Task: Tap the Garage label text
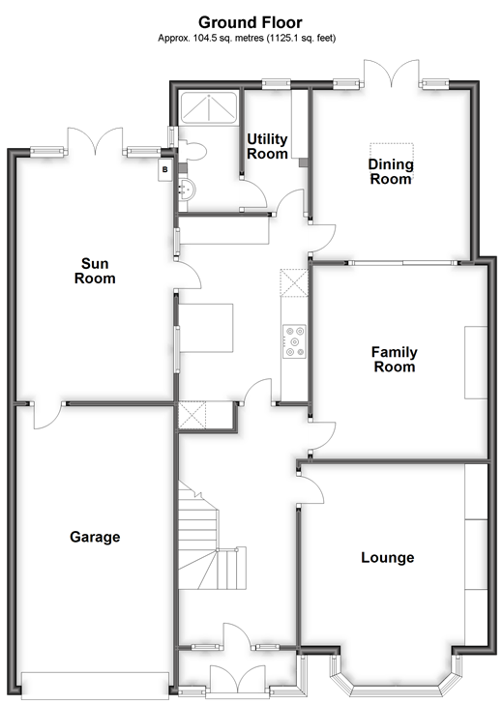click(95, 537)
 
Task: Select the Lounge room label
click(387, 557)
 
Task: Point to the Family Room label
click(394, 359)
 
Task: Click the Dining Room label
click(391, 171)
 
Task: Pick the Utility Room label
click(268, 146)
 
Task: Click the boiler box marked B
click(165, 168)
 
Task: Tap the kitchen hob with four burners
click(294, 340)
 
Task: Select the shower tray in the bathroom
click(207, 108)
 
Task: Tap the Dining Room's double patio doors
click(391, 74)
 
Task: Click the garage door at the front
click(95, 685)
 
